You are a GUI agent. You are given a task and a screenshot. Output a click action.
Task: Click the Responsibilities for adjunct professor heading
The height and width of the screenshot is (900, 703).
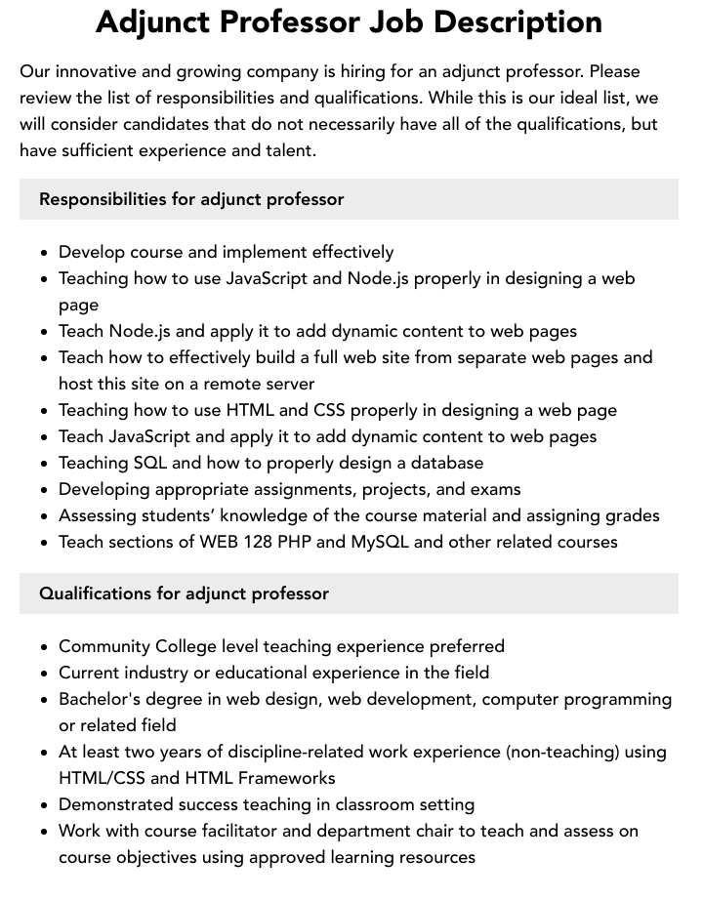191,199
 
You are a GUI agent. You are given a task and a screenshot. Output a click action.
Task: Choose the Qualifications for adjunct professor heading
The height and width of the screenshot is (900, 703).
184,593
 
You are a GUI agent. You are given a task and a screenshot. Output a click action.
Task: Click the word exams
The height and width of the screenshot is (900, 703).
495,489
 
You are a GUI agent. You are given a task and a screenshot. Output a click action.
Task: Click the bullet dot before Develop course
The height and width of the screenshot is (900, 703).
44,253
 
